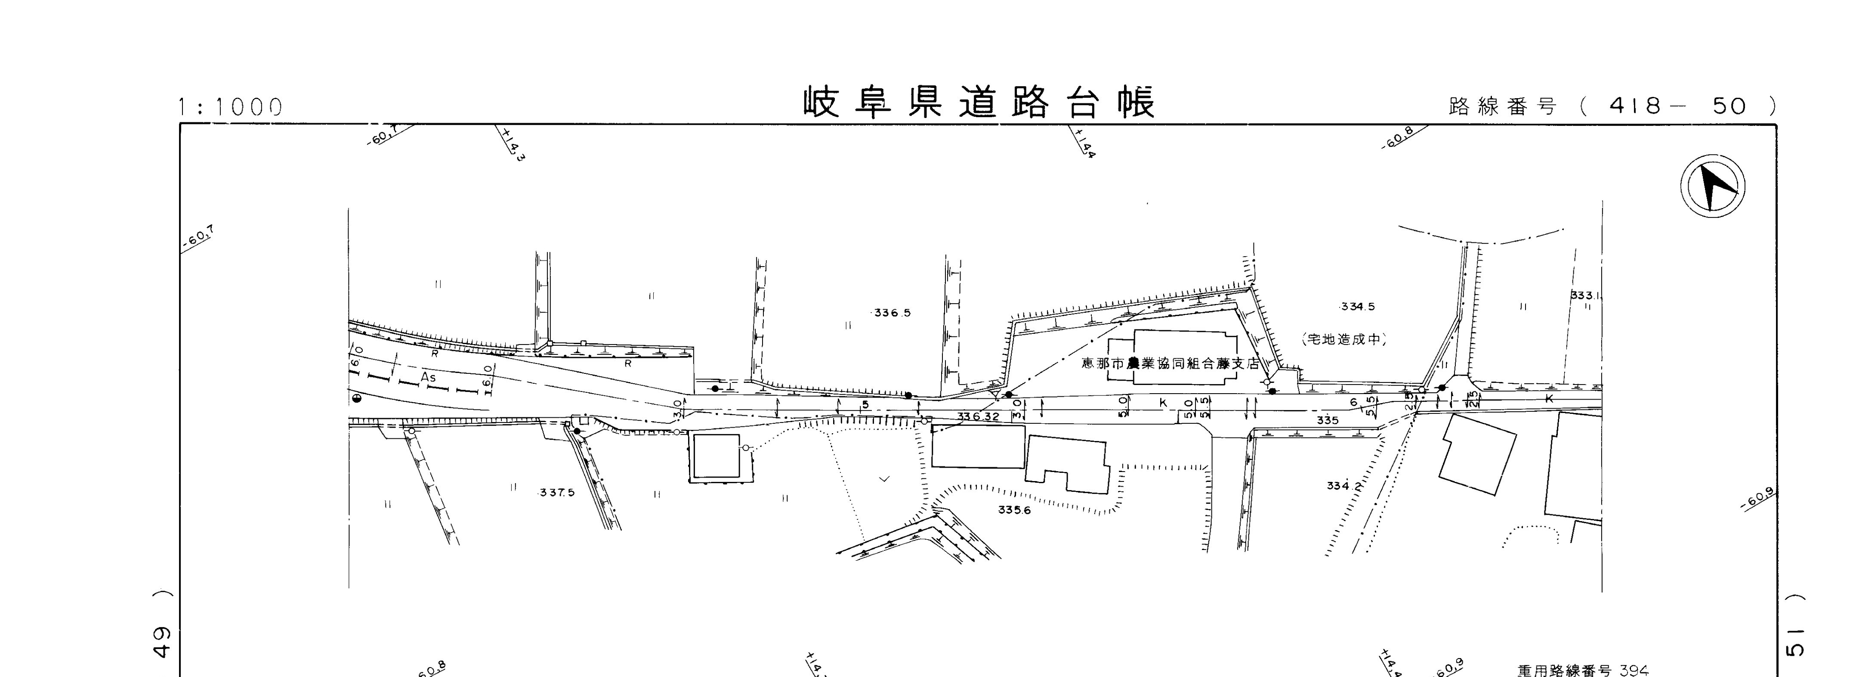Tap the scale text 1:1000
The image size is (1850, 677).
click(230, 108)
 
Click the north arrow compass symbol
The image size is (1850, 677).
click(1713, 186)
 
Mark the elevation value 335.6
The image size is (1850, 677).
click(1014, 510)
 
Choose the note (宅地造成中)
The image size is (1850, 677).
click(1343, 339)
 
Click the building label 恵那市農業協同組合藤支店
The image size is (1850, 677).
click(1171, 363)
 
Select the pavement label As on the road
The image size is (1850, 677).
click(428, 377)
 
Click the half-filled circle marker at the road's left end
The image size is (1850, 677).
click(356, 398)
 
